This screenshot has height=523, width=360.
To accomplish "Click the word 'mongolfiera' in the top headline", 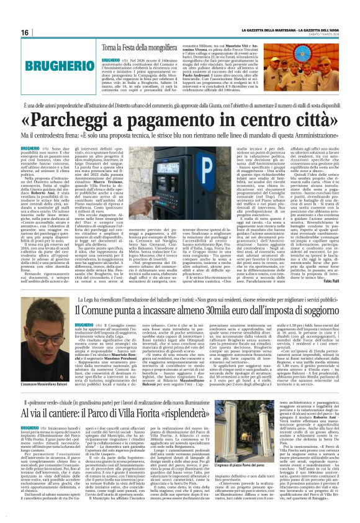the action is [178, 47].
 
